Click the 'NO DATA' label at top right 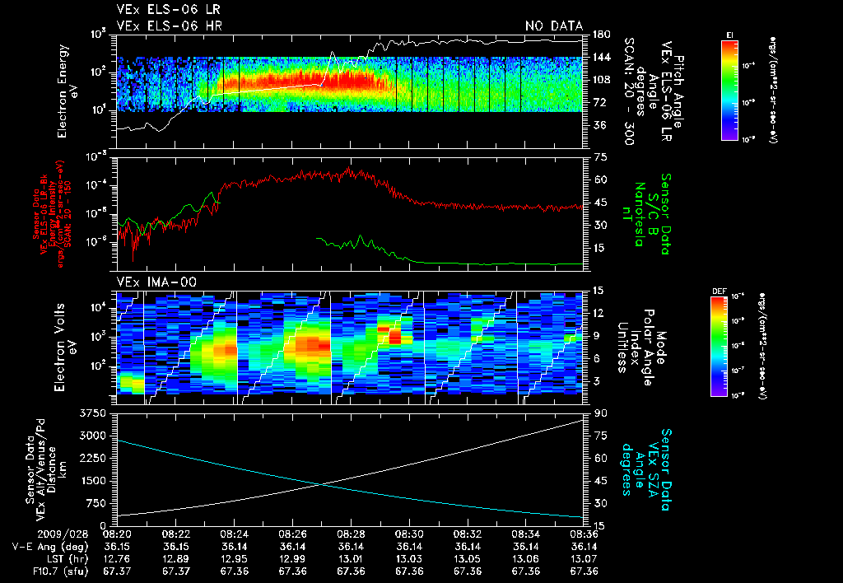(x=552, y=26)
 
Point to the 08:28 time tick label (x=352, y=533)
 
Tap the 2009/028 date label (x=30, y=533)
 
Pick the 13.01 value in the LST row (x=352, y=558)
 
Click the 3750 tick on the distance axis (x=97, y=413)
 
